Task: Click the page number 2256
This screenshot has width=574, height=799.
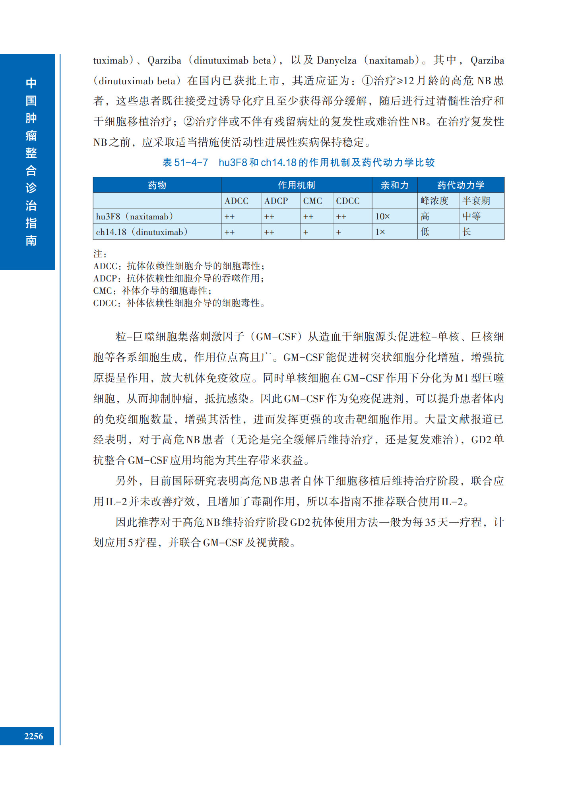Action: point(33,736)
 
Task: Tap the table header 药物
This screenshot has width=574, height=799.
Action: point(157,185)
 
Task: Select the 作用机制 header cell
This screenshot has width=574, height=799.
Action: point(296,185)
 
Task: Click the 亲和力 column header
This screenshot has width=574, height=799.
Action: point(394,185)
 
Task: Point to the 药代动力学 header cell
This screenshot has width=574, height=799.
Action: point(460,185)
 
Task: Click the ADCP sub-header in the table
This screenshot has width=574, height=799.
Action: point(276,201)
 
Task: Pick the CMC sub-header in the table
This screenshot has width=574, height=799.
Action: point(312,201)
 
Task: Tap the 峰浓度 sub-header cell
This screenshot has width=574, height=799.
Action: point(434,201)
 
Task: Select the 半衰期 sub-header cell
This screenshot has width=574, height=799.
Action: point(476,201)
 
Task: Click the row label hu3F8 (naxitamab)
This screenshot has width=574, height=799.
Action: point(134,217)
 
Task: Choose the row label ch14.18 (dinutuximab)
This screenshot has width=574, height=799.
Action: point(142,232)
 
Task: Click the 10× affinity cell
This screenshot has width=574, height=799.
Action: point(382,217)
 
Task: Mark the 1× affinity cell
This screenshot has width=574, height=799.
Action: point(380,232)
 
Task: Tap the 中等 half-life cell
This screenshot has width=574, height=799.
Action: point(471,217)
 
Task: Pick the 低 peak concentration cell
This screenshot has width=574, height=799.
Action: point(425,232)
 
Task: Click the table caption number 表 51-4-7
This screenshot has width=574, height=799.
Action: point(185,163)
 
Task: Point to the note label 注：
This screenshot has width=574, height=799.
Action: point(100,254)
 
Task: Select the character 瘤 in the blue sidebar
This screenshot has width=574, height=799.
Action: point(31,136)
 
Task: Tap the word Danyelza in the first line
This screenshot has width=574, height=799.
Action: point(337,60)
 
